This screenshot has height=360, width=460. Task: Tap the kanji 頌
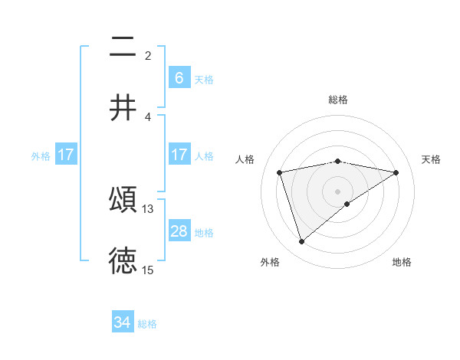(x=123, y=200)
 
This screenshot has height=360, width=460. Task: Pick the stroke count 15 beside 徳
(x=148, y=270)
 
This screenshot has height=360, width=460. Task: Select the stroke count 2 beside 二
(x=148, y=55)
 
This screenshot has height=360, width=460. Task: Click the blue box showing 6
(x=179, y=77)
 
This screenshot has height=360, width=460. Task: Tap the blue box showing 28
(x=179, y=231)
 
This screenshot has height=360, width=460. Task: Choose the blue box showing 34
(x=123, y=322)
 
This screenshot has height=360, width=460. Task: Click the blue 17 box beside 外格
(x=66, y=155)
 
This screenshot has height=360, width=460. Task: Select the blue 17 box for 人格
(x=179, y=155)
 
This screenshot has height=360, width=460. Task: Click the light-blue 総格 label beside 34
(x=147, y=324)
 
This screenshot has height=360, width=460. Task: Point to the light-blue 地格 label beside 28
(x=204, y=232)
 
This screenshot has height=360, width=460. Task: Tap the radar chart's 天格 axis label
(x=431, y=159)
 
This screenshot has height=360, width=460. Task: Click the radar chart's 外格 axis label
(x=270, y=262)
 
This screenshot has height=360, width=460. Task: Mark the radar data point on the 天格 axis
(x=396, y=172)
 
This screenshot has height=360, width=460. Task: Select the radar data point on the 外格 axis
(x=301, y=242)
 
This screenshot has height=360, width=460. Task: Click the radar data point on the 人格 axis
(x=280, y=172)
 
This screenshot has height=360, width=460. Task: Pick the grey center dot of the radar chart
(x=338, y=191)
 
